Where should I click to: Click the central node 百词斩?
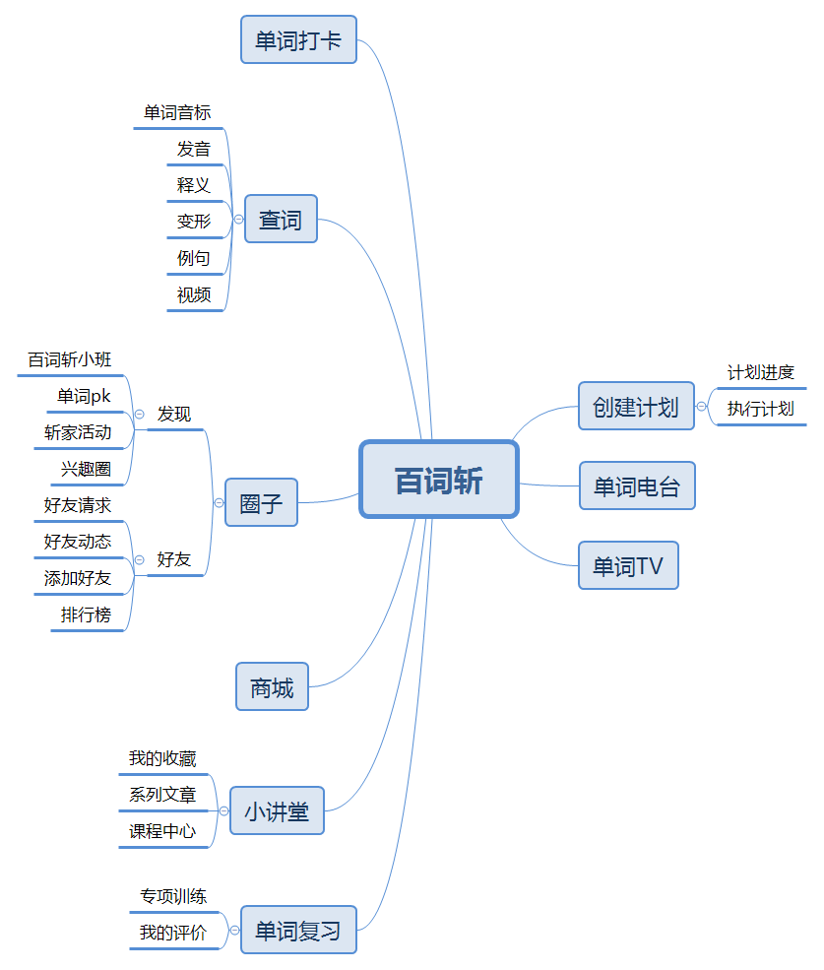[x=439, y=480]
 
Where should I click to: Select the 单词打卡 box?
[x=298, y=40]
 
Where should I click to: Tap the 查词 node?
[x=281, y=219]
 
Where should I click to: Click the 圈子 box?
[x=261, y=503]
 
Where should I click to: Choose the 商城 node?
[x=272, y=687]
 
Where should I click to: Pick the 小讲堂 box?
[x=277, y=811]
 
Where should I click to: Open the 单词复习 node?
[x=298, y=931]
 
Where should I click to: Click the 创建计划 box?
[x=636, y=406]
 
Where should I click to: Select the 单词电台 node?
[x=637, y=485]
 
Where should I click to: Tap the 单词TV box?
[x=628, y=565]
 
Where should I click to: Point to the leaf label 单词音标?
[x=177, y=113]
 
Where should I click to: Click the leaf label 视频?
[x=194, y=294]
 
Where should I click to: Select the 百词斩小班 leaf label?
[x=70, y=359]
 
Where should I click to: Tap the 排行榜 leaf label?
[x=87, y=615]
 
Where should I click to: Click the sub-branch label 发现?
[x=174, y=414]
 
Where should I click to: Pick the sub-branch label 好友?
[x=174, y=559]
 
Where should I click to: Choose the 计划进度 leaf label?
[x=760, y=372]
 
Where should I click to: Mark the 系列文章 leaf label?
[x=162, y=795]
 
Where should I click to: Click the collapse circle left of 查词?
[x=238, y=220]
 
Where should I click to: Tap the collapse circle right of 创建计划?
[x=701, y=406]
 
